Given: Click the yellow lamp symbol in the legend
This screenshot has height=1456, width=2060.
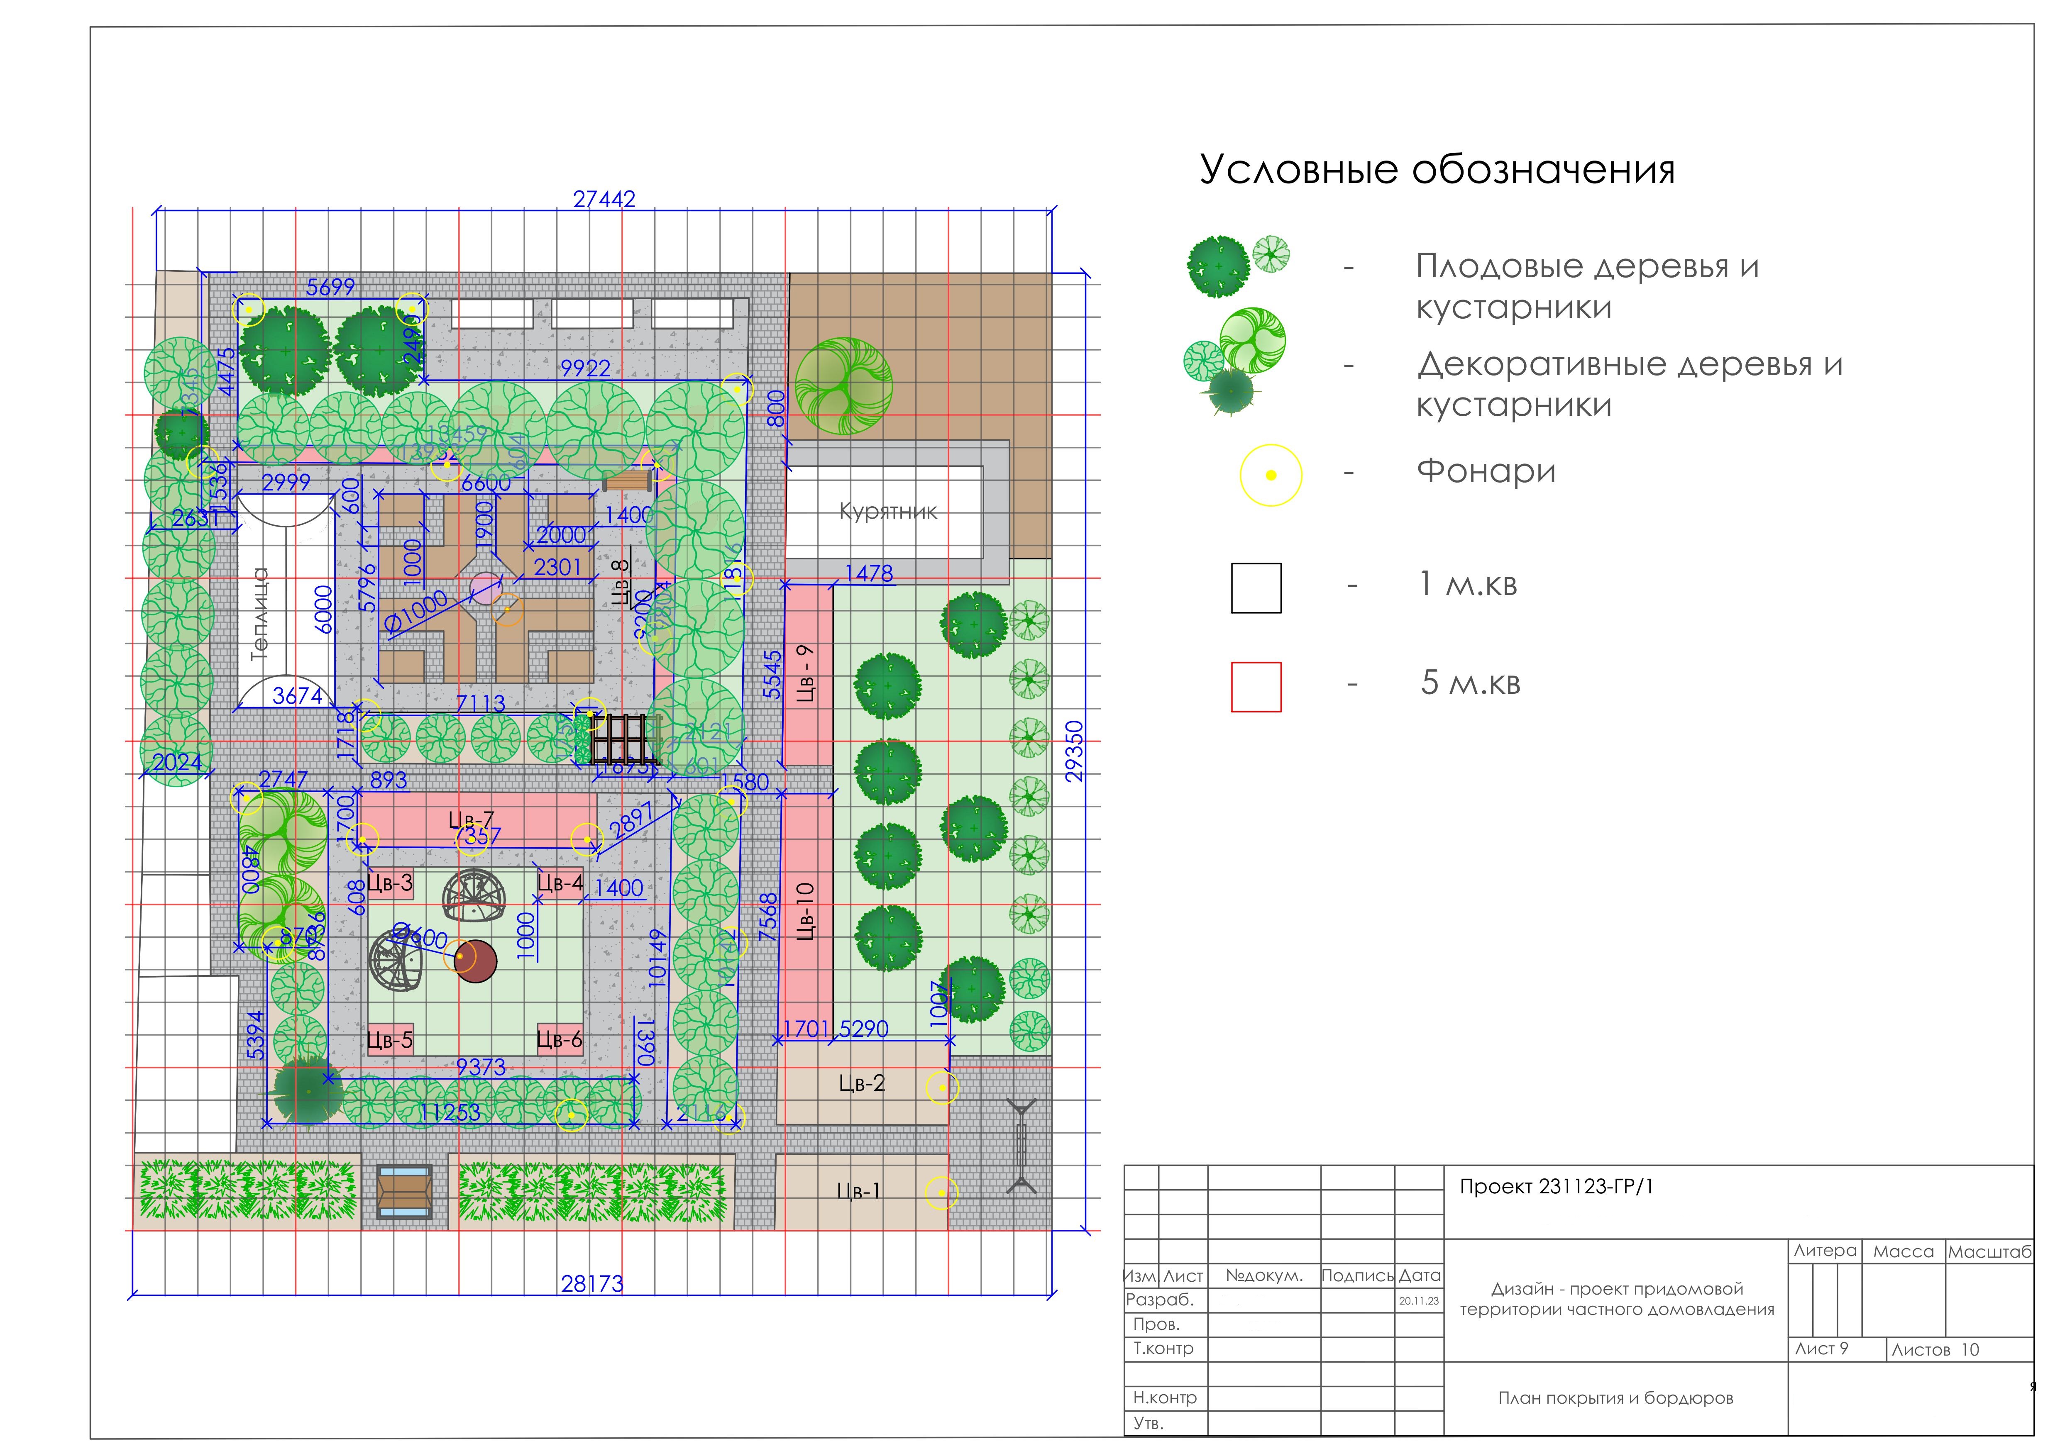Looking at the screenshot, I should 1271,476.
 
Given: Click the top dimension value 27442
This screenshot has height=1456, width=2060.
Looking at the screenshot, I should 604,199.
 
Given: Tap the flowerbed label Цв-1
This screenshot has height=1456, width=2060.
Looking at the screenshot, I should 859,1191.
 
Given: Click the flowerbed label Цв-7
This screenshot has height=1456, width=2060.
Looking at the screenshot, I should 471,820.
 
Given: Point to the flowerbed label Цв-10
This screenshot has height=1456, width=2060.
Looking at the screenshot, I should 805,910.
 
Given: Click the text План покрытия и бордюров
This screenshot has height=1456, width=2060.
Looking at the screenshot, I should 1615,1397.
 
